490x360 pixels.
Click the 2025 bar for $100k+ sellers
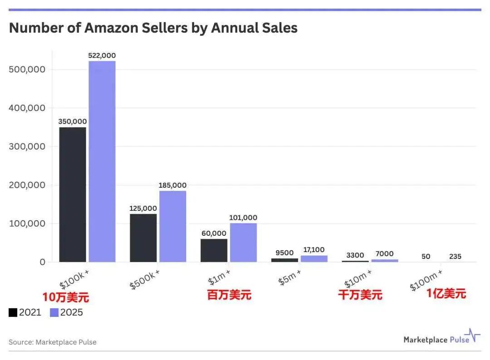[x=102, y=161]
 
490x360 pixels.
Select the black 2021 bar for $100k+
[x=73, y=195]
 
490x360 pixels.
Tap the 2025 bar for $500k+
[x=173, y=226]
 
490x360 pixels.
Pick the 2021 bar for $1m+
[x=214, y=250]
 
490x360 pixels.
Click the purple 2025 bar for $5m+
[x=314, y=258]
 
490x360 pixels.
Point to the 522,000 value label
[x=102, y=56]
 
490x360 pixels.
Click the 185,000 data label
[x=172, y=185]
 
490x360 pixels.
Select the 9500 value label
[x=284, y=253]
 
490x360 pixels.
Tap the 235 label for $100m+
[x=456, y=256]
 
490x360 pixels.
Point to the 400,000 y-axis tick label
[x=27, y=108]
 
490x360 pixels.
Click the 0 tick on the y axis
[x=43, y=262]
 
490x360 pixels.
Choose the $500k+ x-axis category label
[x=145, y=279]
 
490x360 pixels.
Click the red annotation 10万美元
[x=66, y=297]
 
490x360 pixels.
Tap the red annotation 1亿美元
[x=446, y=293]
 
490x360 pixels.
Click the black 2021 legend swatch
[x=13, y=312]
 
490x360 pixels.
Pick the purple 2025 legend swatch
[x=54, y=312]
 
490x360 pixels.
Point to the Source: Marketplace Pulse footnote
[x=53, y=342]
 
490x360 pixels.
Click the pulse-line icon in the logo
[x=472, y=335]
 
